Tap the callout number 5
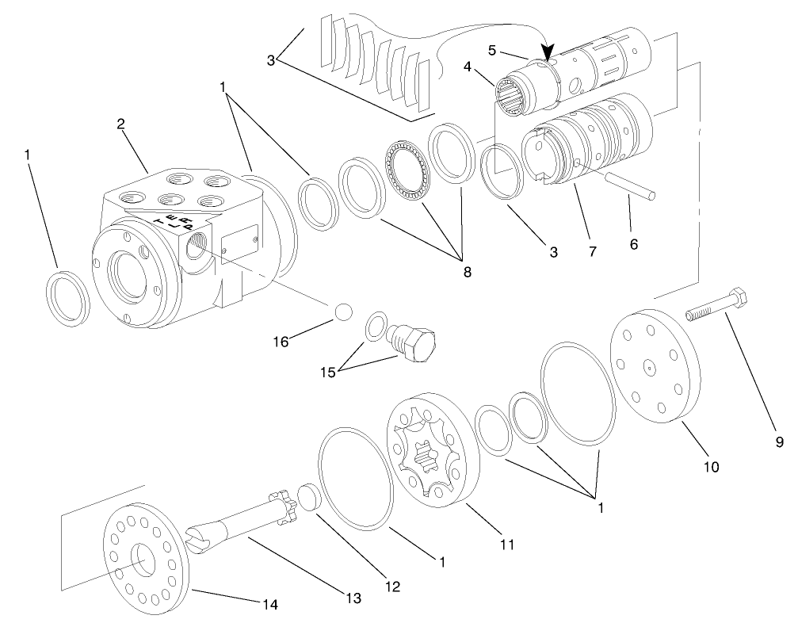(x=491, y=49)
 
